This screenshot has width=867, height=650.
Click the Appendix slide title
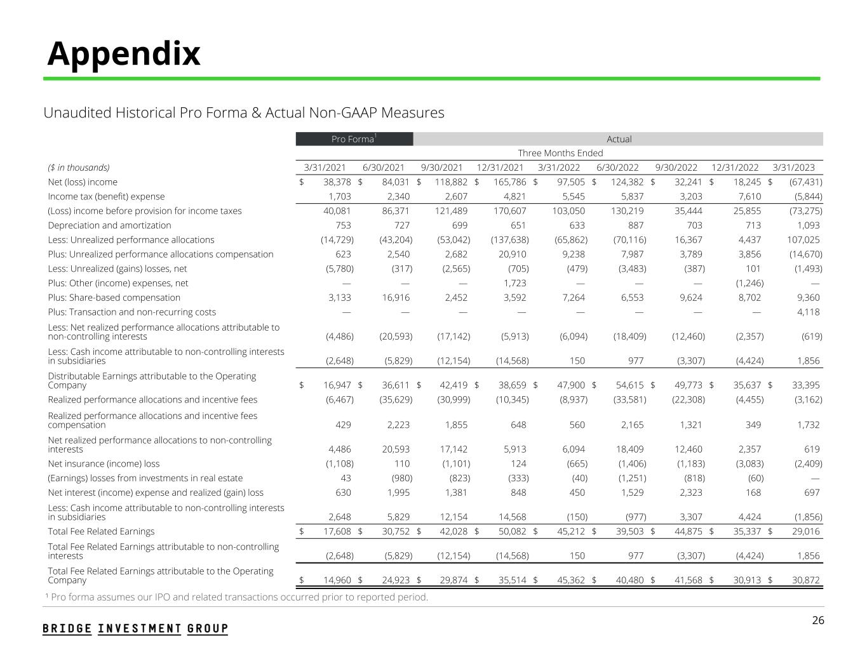tap(124, 53)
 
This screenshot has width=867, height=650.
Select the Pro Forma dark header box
tap(354, 139)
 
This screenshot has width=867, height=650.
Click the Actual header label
tap(619, 139)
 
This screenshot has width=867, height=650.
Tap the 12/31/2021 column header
tap(500, 168)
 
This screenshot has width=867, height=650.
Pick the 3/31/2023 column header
tap(793, 168)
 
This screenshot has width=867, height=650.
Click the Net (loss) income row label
tap(83, 182)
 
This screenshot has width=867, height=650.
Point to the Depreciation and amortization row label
tap(109, 225)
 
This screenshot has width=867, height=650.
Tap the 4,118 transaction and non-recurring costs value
tap(808, 312)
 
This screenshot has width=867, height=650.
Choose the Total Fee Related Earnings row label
tap(101, 531)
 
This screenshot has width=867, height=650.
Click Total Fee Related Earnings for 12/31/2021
tap(511, 531)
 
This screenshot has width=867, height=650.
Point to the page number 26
tap(818, 620)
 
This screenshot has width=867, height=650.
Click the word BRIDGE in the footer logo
tap(67, 628)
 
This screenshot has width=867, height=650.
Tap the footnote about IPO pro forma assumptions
tap(236, 597)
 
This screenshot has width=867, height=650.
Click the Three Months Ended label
tap(560, 153)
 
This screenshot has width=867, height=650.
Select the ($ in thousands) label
tap(79, 168)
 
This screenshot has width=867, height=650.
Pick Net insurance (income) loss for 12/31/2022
tap(749, 463)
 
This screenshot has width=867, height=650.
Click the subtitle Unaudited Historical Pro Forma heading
tap(243, 113)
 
